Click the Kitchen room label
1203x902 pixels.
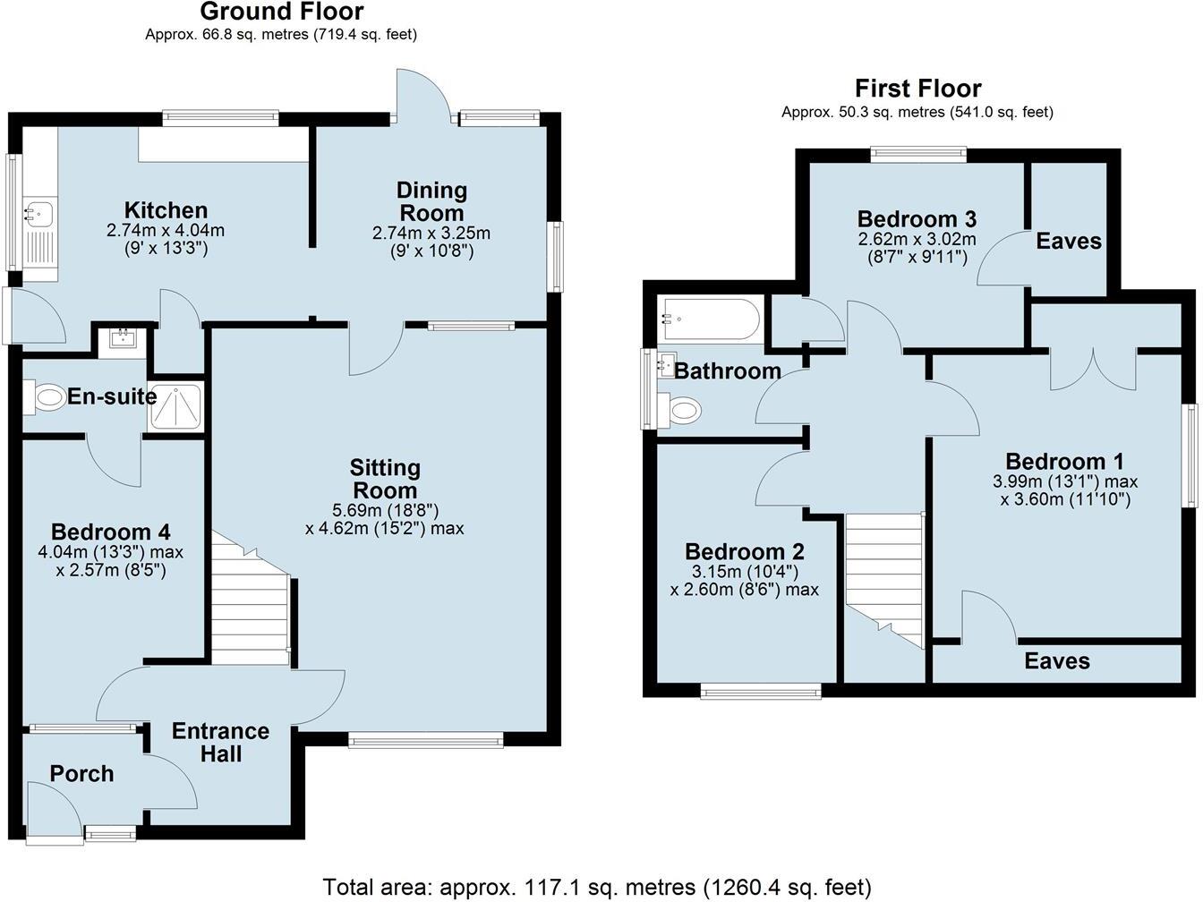click(x=166, y=210)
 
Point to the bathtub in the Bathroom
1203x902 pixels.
click(x=710, y=319)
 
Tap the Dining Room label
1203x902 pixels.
click(x=431, y=201)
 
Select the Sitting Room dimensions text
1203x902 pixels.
click(x=384, y=519)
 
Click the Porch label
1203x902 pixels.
click(x=81, y=774)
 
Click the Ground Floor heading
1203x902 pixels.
click(x=281, y=12)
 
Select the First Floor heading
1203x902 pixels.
click(x=917, y=89)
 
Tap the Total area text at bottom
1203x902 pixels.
click(x=596, y=887)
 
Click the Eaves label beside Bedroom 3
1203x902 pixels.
click(x=1068, y=241)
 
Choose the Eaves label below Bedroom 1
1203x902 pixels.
click(x=1057, y=661)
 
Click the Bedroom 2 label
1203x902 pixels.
click(x=744, y=551)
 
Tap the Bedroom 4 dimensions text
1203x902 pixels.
click(x=111, y=560)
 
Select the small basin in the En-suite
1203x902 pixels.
click(x=121, y=339)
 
